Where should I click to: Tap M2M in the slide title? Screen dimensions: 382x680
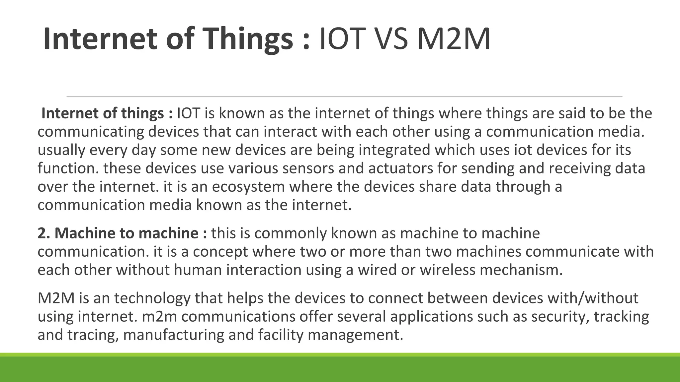[x=454, y=39]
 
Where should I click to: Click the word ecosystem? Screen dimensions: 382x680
[x=248, y=187]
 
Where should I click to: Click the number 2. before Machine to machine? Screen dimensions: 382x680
[x=44, y=233]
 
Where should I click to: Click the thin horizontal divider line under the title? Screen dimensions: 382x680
[x=344, y=96]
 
